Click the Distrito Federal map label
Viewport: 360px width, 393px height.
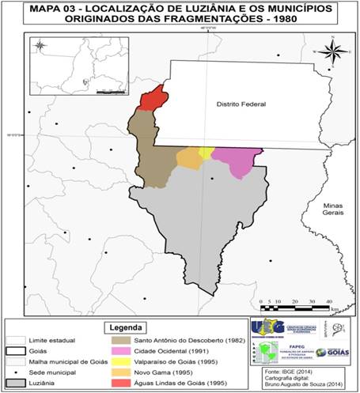pos(241,104)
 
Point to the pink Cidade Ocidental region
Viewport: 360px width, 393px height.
pos(237,161)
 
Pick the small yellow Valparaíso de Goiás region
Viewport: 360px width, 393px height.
pos(207,153)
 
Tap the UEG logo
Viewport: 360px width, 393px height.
pos(267,327)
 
